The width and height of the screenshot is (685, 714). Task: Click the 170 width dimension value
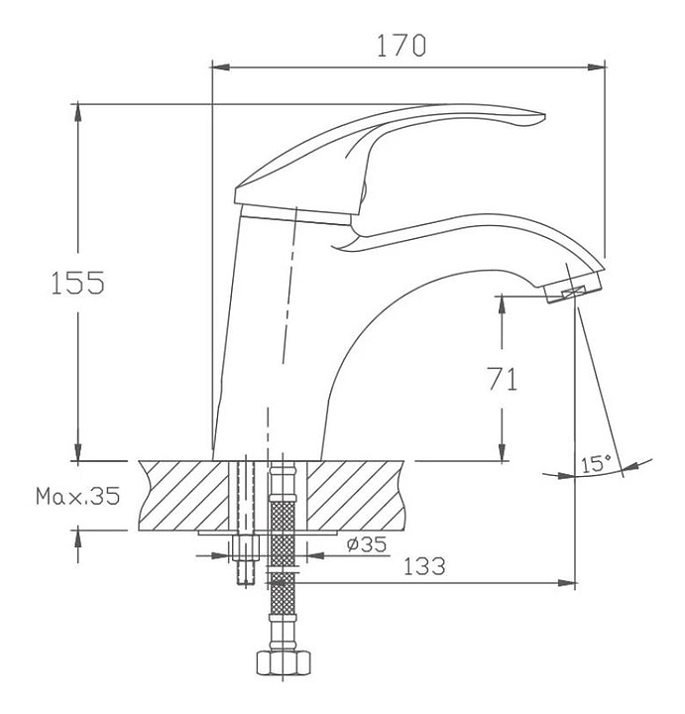(x=401, y=45)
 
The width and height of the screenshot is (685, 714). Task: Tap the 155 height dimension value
(x=77, y=283)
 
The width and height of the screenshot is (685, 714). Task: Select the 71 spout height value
(x=503, y=379)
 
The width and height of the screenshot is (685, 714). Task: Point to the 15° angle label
(x=596, y=463)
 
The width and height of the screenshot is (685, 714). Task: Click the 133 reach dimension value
(x=424, y=566)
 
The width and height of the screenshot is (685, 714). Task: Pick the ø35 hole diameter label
(x=367, y=543)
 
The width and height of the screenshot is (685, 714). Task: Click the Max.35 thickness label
(x=78, y=496)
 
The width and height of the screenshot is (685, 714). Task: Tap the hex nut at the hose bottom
(x=284, y=663)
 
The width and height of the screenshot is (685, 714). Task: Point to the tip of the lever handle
(x=544, y=115)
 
